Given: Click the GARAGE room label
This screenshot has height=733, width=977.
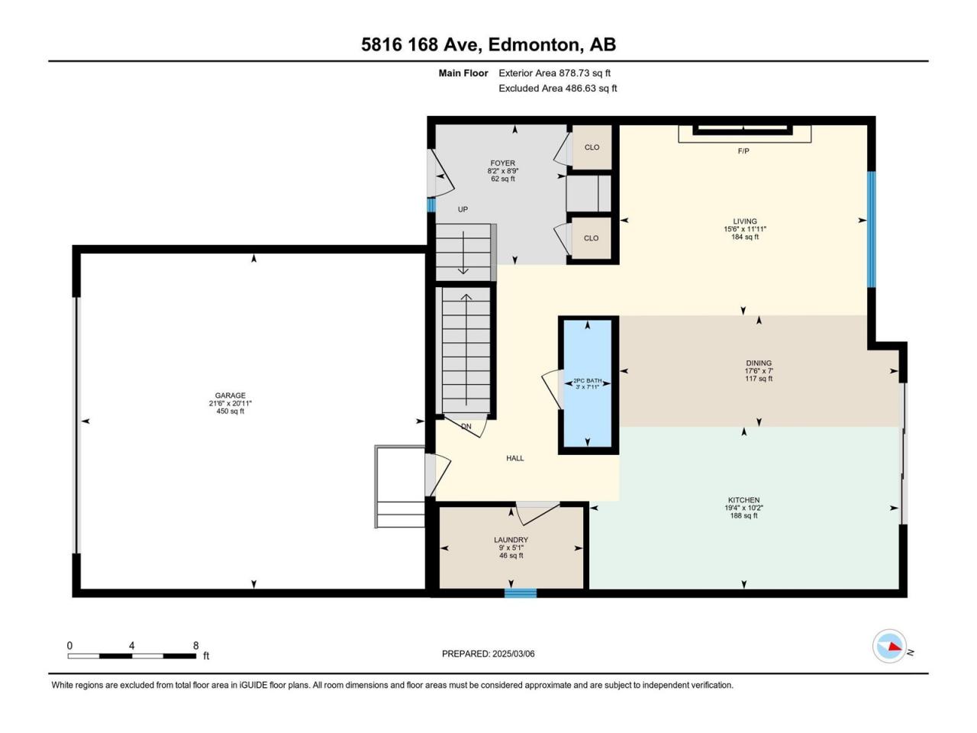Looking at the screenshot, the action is click(x=230, y=396).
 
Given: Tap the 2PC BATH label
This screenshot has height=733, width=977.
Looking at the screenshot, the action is click(x=587, y=380).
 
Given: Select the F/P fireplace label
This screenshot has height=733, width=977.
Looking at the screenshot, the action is click(x=743, y=151).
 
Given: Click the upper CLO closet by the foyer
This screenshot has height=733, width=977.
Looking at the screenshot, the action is click(x=592, y=147).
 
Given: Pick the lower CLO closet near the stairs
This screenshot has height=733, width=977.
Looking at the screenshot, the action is click(x=591, y=238).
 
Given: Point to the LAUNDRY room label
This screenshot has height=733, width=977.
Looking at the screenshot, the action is click(x=511, y=540).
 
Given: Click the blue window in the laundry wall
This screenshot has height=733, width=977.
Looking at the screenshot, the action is click(x=521, y=593).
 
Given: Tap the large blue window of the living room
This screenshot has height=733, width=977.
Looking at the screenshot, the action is click(x=871, y=230).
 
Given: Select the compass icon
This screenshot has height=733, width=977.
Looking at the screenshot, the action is click(x=889, y=646).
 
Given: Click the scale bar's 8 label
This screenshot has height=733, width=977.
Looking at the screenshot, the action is click(x=196, y=645).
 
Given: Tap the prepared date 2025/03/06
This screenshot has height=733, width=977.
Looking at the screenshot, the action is click(x=513, y=654).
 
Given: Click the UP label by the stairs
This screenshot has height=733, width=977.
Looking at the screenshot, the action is click(x=463, y=209).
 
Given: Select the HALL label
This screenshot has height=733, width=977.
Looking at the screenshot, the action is click(x=515, y=458).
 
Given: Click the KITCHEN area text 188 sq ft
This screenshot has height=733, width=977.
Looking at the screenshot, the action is click(x=743, y=516).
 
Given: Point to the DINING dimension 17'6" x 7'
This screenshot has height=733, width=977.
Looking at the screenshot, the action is click(x=759, y=371).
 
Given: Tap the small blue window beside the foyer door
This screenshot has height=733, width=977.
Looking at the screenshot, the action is click(x=430, y=205).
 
